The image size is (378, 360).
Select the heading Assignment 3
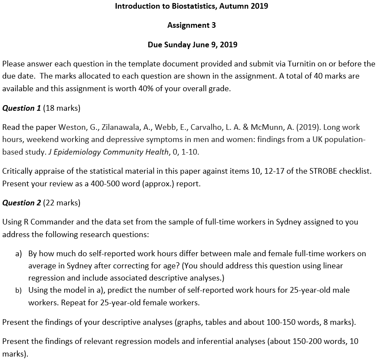[191, 25]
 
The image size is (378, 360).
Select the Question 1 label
[21, 108]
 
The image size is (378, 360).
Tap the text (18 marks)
[62, 108]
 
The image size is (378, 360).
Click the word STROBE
[323, 171]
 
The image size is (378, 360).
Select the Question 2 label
[21, 203]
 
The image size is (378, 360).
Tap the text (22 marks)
[62, 203]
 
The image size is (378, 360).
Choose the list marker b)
[19, 290]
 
